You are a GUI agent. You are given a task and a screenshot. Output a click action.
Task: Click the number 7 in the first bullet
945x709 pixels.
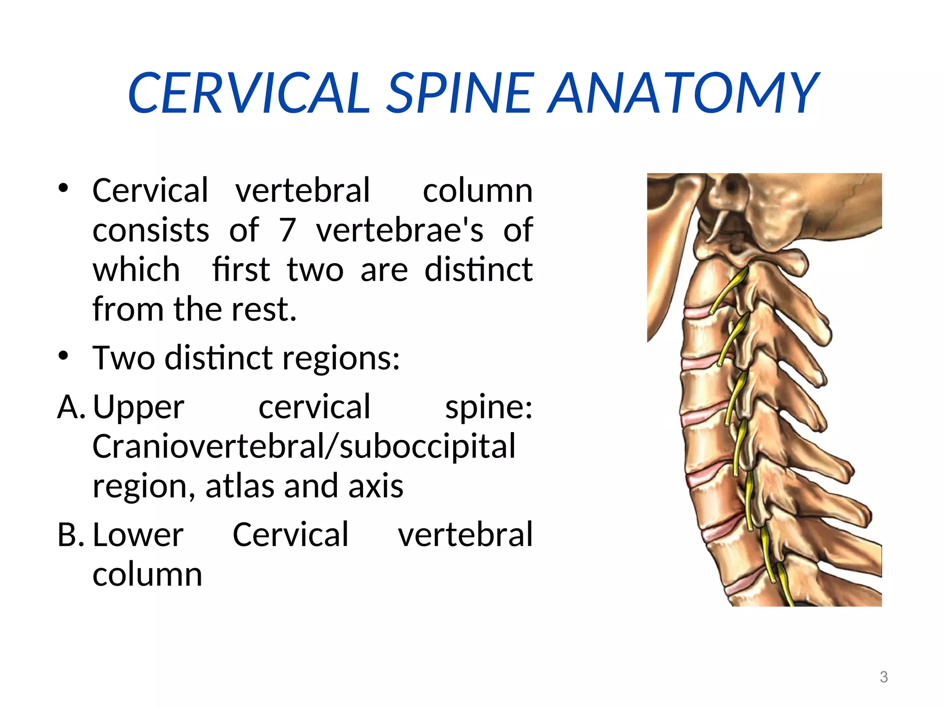pos(287,230)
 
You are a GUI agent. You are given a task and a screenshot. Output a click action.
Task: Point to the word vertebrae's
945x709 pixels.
pos(400,230)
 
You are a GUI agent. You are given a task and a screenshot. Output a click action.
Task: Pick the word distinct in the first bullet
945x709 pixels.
pos(478,270)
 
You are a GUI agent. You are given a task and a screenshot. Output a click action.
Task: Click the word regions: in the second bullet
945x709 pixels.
pos(341,358)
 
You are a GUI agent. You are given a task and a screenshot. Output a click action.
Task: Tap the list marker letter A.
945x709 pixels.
pos(71,407)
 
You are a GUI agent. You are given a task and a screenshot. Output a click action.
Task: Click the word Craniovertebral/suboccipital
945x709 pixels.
pos(304,446)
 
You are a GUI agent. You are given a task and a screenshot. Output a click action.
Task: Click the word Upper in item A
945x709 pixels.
pos(138,407)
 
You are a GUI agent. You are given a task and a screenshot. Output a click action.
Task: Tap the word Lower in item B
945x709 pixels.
pos(138,535)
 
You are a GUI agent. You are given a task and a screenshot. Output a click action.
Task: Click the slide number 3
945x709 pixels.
pos(884,677)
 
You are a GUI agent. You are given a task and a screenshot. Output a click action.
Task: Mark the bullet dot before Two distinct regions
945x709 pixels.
pos(63,356)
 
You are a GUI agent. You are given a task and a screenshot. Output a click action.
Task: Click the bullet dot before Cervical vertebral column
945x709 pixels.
pos(63,188)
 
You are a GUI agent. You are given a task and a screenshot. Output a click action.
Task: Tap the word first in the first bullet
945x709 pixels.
pos(241,270)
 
